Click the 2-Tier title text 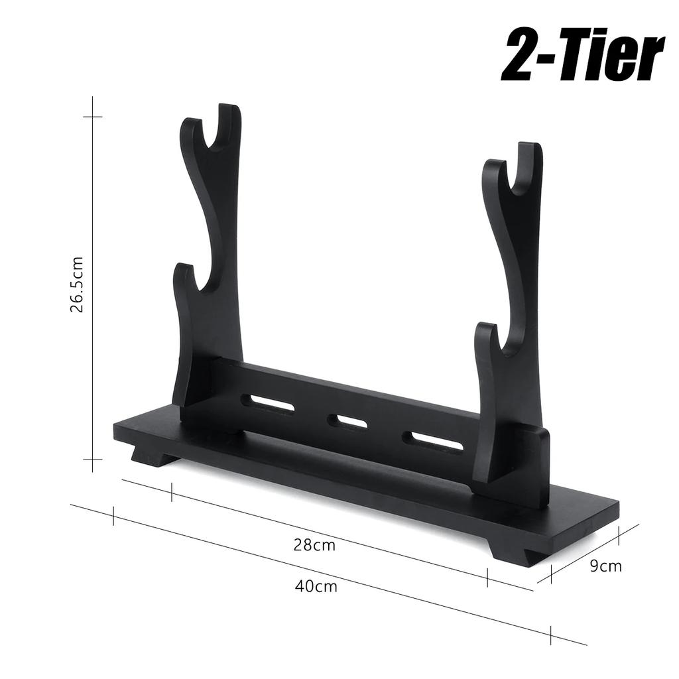pyautogui.click(x=582, y=56)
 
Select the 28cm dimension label pyautogui.click(x=314, y=545)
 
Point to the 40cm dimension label pyautogui.click(x=316, y=586)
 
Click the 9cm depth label pyautogui.click(x=605, y=566)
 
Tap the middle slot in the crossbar pyautogui.click(x=347, y=421)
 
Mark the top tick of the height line pyautogui.click(x=92, y=117)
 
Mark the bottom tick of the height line pyautogui.click(x=92, y=460)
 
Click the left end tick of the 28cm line pyautogui.click(x=172, y=492)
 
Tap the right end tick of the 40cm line pyautogui.click(x=551, y=635)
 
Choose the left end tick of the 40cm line pyautogui.click(x=113, y=517)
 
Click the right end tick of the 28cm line pyautogui.click(x=487, y=578)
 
